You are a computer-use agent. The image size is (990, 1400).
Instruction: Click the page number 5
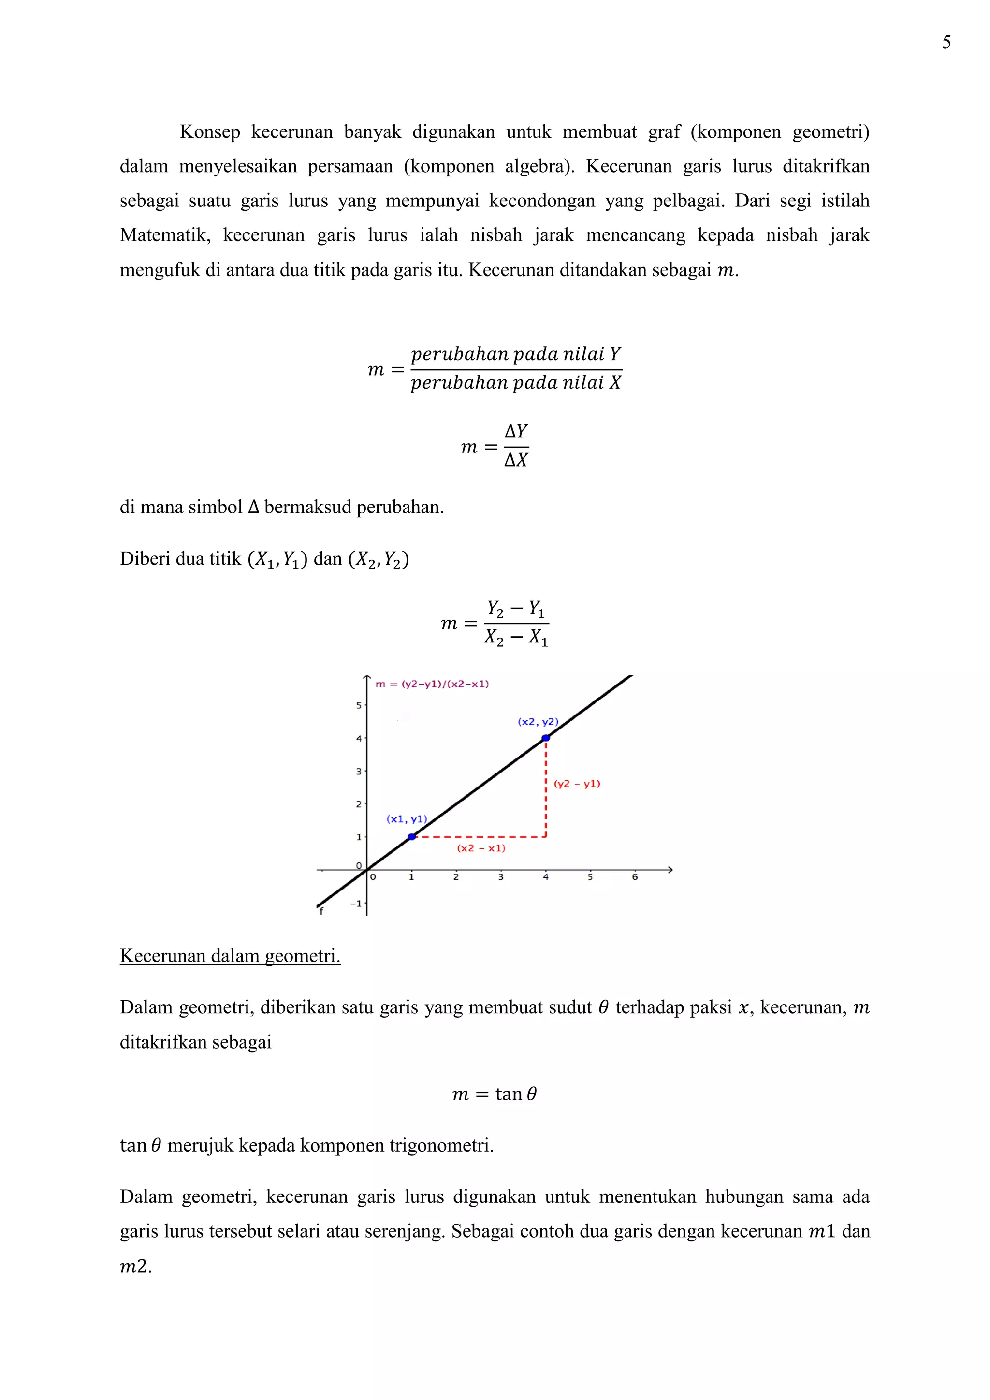click(x=946, y=42)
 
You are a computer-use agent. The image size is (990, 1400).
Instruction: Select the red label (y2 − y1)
click(x=577, y=784)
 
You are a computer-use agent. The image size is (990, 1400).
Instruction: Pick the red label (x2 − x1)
click(x=481, y=848)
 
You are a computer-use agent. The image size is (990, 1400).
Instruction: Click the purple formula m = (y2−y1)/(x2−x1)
click(x=432, y=684)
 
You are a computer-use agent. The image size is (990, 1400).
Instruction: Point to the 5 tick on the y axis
click(x=359, y=705)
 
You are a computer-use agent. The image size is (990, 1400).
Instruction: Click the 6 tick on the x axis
click(x=635, y=877)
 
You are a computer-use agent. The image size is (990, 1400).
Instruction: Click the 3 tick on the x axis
click(x=500, y=877)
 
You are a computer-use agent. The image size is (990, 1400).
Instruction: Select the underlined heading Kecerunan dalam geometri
click(x=230, y=955)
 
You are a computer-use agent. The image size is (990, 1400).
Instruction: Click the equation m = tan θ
click(x=495, y=1094)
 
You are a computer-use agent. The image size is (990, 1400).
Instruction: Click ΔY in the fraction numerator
click(x=516, y=432)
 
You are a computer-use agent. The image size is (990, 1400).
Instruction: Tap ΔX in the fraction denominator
click(x=516, y=460)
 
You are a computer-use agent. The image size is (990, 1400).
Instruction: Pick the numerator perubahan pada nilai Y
click(x=516, y=354)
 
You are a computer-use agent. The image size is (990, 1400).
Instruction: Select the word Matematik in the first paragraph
click(x=164, y=235)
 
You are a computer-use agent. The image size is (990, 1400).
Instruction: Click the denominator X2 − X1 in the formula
click(x=516, y=638)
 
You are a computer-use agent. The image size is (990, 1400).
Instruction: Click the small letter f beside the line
click(x=321, y=911)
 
